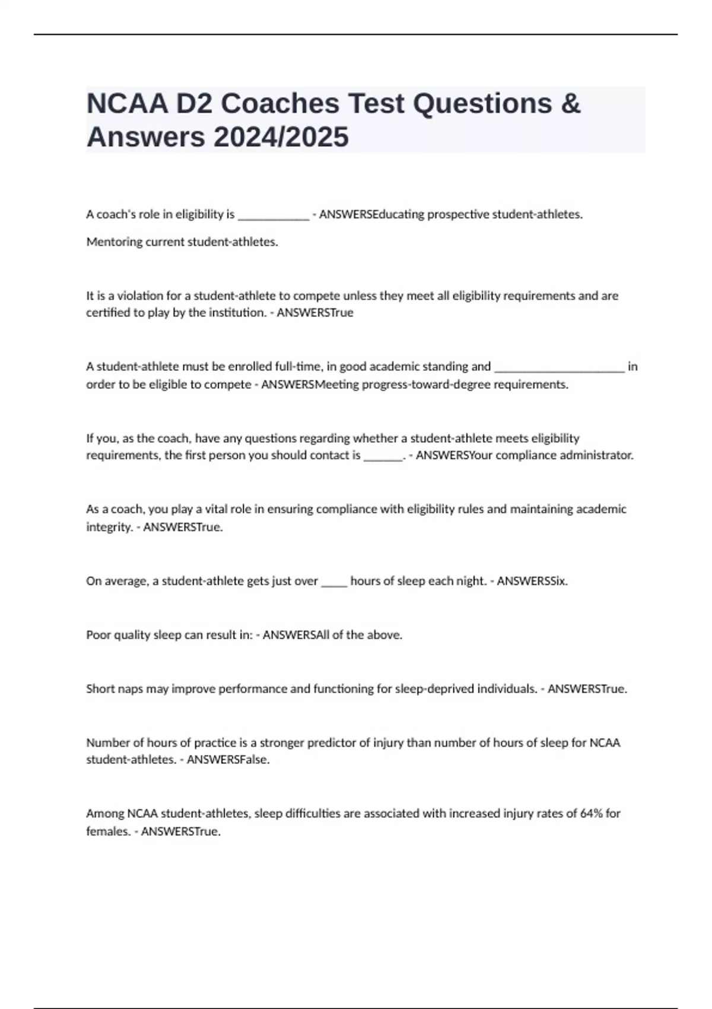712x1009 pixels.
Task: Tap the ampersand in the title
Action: tap(570, 104)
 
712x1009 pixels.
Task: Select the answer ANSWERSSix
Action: tap(532, 581)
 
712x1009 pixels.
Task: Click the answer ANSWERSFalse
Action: tap(228, 760)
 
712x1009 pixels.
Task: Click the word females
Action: tap(108, 832)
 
